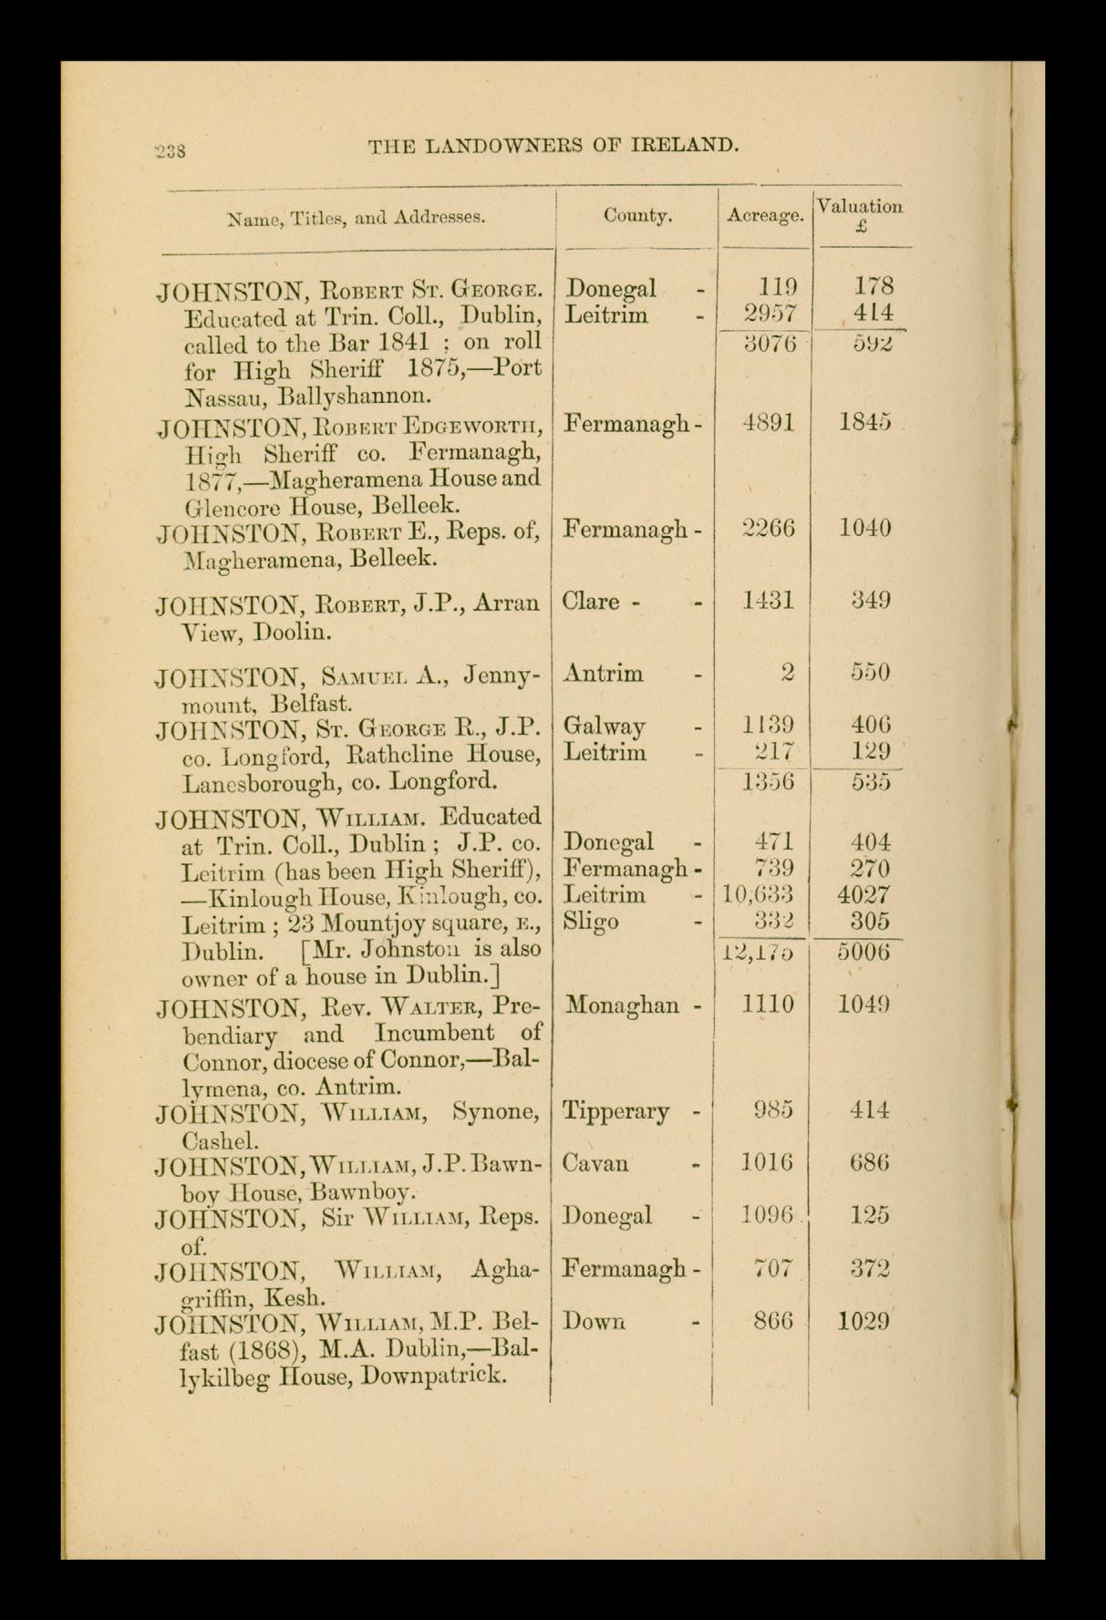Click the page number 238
[x=171, y=150]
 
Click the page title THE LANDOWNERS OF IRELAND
[x=553, y=145]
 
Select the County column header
[x=637, y=216]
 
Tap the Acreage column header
[x=765, y=216]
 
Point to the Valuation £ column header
[x=860, y=216]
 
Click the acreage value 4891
[x=769, y=423]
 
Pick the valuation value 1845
[x=864, y=423]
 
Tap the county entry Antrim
[x=604, y=674]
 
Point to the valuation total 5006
[x=863, y=952]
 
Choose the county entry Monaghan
[x=623, y=1006]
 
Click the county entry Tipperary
[x=616, y=1111]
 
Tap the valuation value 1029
[x=863, y=1322]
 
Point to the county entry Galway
[x=605, y=726]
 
